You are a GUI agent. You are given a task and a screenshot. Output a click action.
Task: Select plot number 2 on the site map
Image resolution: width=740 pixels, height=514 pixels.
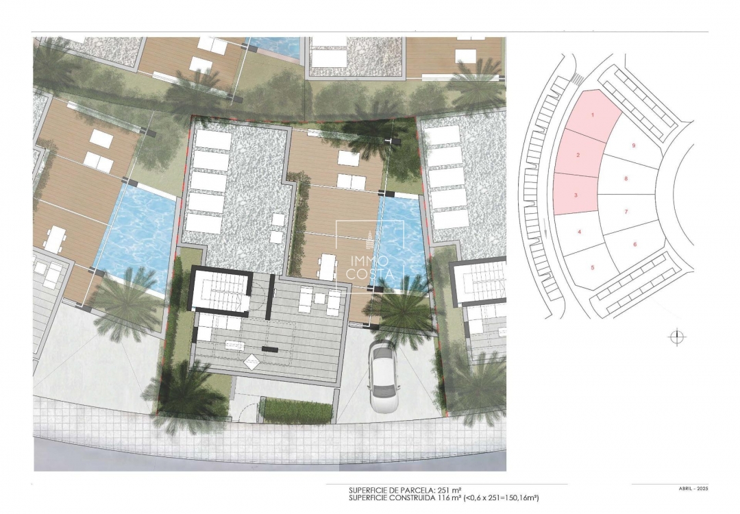click(578, 156)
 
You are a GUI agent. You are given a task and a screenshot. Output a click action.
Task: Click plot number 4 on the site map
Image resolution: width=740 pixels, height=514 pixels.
click(580, 232)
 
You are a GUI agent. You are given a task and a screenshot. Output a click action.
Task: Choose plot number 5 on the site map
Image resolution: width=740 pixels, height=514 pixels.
click(592, 267)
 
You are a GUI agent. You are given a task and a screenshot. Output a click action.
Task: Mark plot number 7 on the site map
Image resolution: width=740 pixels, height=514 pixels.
click(626, 212)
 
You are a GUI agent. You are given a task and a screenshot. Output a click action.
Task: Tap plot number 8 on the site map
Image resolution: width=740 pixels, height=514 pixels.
click(626, 178)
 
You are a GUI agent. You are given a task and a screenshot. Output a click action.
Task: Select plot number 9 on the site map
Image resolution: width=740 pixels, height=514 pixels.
click(634, 145)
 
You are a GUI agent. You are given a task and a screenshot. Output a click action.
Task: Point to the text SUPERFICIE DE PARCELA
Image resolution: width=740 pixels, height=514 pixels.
click(391, 490)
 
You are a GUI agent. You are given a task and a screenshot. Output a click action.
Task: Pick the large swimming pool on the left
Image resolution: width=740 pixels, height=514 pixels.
click(133, 232)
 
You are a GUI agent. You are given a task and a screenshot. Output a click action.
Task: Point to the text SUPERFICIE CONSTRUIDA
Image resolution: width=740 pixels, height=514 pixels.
click(391, 498)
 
